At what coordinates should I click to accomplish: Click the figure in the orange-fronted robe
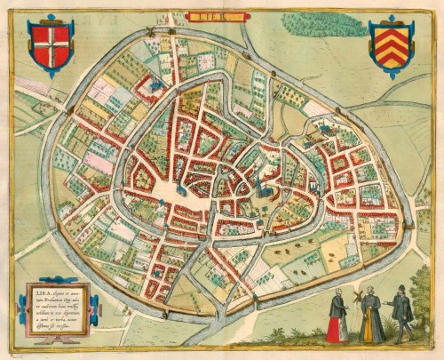370,318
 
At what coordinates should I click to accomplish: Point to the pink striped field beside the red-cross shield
31,85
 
